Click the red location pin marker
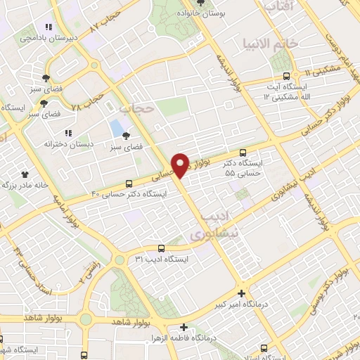pos(181,165)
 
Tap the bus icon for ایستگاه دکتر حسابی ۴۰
pos(128,182)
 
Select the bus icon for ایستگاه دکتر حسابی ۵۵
pos(243,153)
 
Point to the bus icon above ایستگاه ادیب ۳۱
pos(161,248)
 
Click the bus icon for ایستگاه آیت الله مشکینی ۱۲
pos(285,76)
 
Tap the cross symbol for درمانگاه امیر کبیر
pos(242,293)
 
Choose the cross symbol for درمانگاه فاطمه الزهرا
pos(184,327)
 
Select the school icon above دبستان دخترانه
pos(68,132)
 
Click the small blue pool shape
pos(115,129)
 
